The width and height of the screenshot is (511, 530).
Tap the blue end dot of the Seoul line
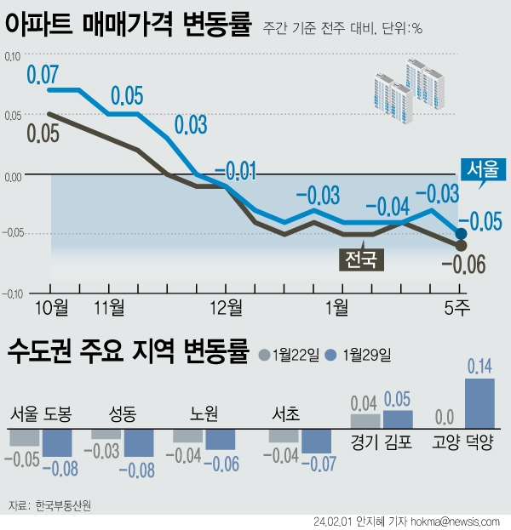pyautogui.click(x=461, y=233)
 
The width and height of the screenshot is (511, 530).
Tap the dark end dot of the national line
pyautogui.click(x=461, y=245)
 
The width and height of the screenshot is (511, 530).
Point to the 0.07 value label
pyautogui.click(x=43, y=74)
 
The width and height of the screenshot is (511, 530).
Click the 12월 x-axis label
pyautogui.click(x=226, y=305)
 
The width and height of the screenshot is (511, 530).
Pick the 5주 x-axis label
pyautogui.click(x=460, y=305)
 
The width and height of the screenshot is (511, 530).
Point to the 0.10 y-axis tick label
pyautogui.click(x=12, y=57)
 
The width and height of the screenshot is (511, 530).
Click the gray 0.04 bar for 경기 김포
pyautogui.click(x=365, y=420)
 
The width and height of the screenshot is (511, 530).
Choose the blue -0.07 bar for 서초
pyautogui.click(x=316, y=440)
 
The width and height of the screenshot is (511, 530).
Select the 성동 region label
pyautogui.click(x=123, y=415)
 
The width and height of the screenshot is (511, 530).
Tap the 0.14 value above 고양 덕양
pyautogui.click(x=479, y=368)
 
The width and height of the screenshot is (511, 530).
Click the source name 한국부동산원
pyautogui.click(x=63, y=505)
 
